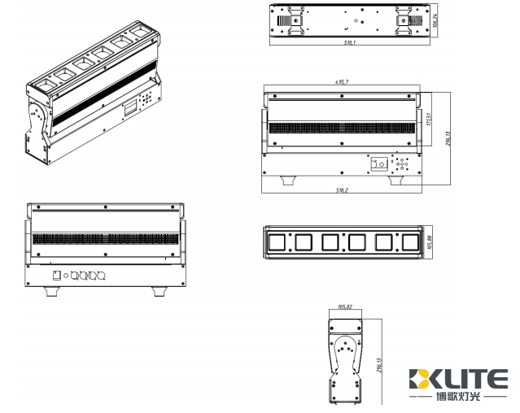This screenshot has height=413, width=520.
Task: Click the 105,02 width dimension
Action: [x=343, y=307]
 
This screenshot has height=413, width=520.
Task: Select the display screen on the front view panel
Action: [x=377, y=163]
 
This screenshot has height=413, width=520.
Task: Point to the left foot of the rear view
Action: [x=52, y=289]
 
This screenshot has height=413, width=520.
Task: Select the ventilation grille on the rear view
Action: [x=105, y=240]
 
